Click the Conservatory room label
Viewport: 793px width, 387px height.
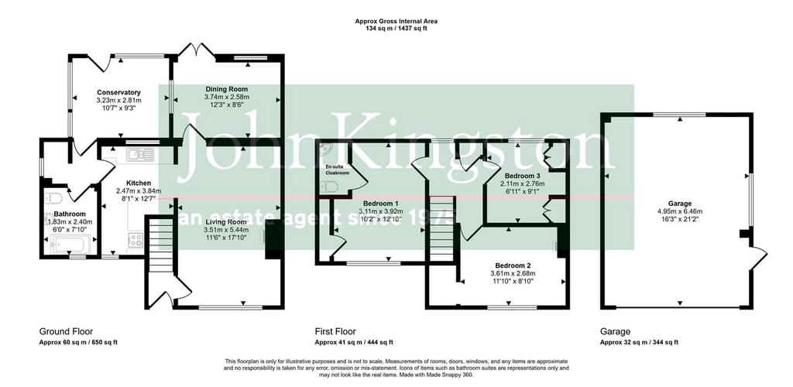tap(118, 92)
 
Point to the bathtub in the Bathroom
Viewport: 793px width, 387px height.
tap(71, 247)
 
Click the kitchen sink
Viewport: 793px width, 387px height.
tap(139, 155)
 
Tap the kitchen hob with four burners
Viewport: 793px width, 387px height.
tap(135, 240)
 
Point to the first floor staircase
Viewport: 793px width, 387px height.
tap(442, 228)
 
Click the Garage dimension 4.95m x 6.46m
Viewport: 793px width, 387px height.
tap(679, 211)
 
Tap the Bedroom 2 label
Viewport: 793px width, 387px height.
tap(513, 265)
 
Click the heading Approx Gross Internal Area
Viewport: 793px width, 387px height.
tap(396, 21)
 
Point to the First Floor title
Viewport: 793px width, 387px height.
tap(335, 331)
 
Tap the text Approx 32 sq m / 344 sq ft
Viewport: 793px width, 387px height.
tap(639, 342)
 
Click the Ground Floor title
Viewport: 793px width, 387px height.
tap(67, 331)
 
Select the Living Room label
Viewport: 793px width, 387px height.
tap(226, 222)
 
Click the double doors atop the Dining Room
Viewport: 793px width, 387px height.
tap(197, 50)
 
